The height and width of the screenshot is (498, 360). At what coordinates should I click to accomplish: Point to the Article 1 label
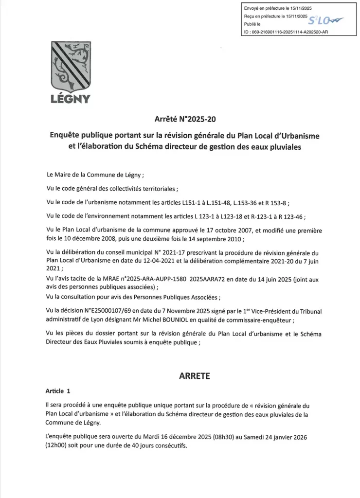click(x=58, y=391)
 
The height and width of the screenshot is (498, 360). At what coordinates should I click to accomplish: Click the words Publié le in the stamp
click(x=252, y=23)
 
